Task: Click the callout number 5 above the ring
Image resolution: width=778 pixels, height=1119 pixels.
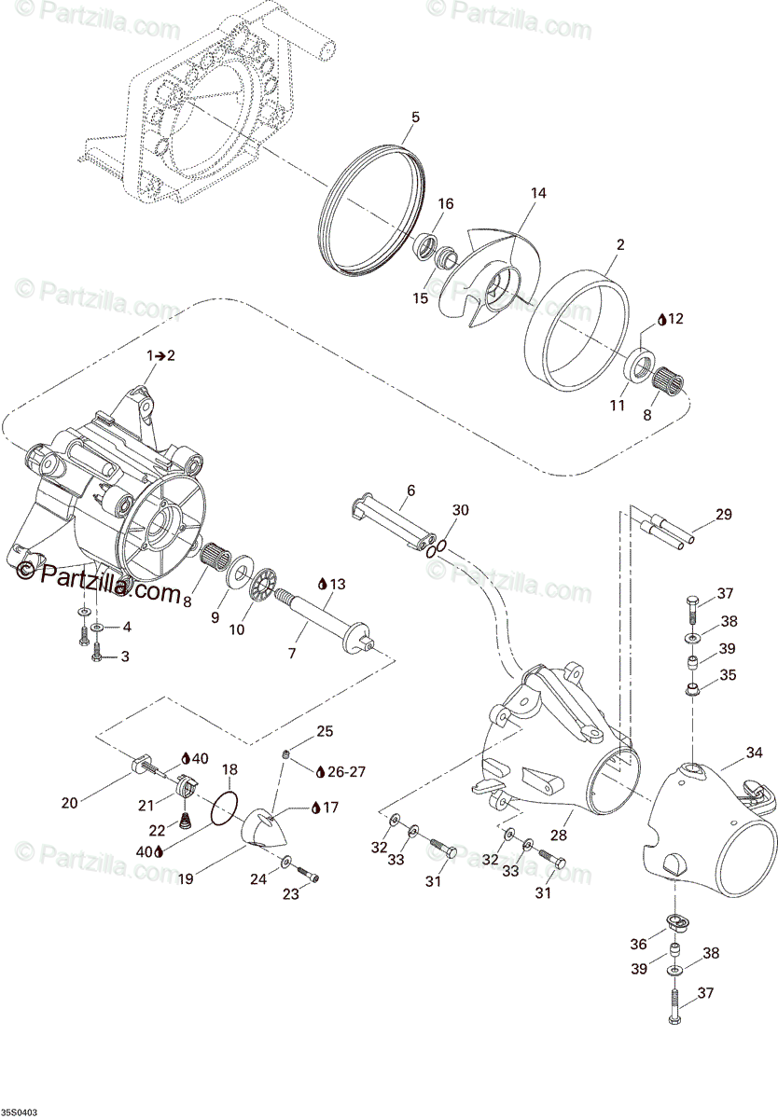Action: (x=415, y=117)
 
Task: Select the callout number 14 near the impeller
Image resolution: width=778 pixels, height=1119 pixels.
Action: (x=538, y=194)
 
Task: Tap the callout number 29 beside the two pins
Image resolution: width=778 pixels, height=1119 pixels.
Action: (x=724, y=514)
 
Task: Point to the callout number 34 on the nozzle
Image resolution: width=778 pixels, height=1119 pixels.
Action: (x=754, y=753)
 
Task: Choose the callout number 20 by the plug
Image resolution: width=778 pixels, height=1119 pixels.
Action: (x=69, y=801)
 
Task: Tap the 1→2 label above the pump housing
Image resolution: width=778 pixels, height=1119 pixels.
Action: (x=160, y=356)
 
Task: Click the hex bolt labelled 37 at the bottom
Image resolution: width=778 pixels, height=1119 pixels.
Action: (x=674, y=1007)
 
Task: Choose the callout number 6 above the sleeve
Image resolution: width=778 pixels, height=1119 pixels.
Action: (x=410, y=490)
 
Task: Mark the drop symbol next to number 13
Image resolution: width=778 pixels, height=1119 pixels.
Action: (x=323, y=584)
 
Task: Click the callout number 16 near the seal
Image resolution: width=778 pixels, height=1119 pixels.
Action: (x=445, y=204)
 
